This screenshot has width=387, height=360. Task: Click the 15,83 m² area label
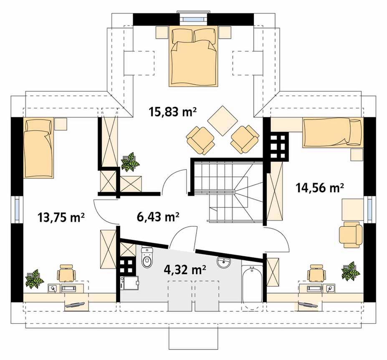pyautogui.click(x=173, y=112)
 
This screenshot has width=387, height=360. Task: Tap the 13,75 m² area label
pyautogui.click(x=61, y=217)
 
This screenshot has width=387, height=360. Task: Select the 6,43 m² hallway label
pyautogui.click(x=158, y=217)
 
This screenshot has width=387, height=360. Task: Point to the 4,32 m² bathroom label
pyautogui.click(x=185, y=269)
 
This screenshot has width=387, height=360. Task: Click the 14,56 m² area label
pyautogui.click(x=320, y=188)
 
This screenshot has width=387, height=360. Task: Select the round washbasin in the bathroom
pyautogui.click(x=224, y=262)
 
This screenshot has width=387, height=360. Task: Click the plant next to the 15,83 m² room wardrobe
pyautogui.click(x=130, y=162)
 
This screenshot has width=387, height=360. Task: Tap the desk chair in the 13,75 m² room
pyautogui.click(x=66, y=273)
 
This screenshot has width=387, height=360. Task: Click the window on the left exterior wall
pyautogui.click(x=17, y=209)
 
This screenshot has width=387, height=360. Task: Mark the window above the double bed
pyautogui.click(x=193, y=18)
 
